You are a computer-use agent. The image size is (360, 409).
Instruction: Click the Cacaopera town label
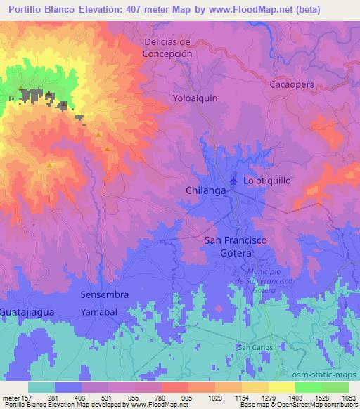coord(290,84)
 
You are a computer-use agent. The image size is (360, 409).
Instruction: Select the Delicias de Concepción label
coord(167,48)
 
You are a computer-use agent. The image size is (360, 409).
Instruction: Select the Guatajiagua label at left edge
coord(27,311)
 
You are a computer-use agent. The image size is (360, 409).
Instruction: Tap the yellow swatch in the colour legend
coord(281,387)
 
